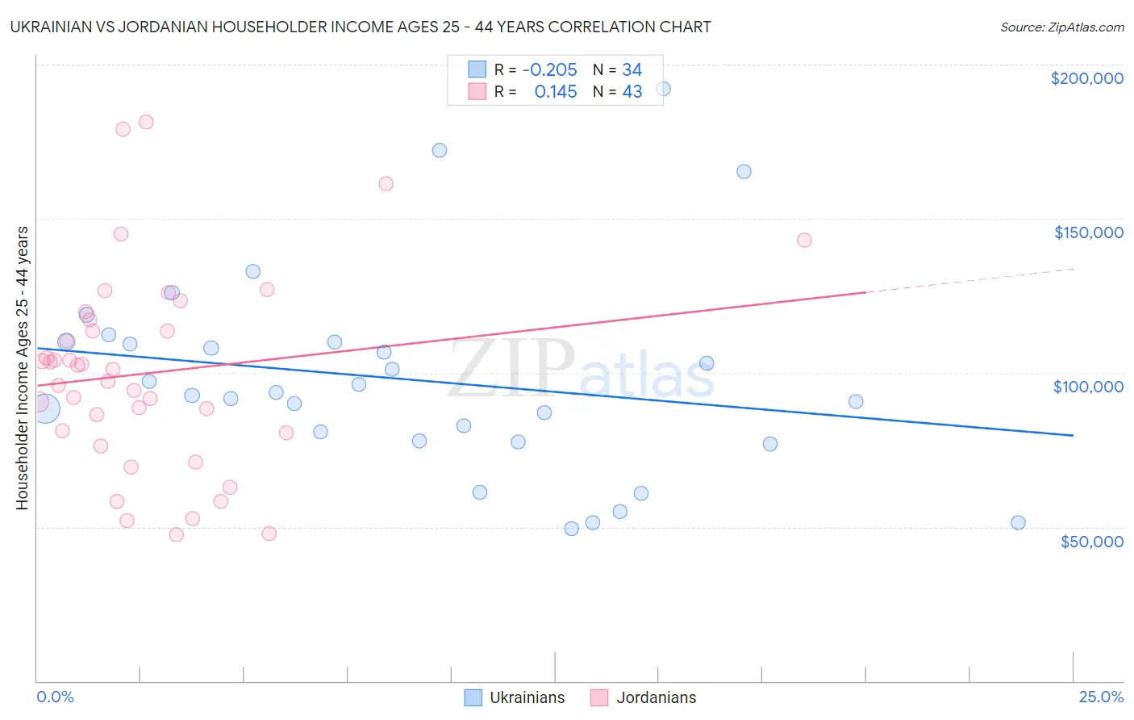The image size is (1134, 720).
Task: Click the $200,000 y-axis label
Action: (1086, 78)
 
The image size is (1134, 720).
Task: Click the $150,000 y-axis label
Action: (1088, 232)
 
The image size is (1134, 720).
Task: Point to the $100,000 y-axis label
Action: (1088, 387)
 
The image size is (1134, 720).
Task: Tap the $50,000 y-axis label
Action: (1091, 542)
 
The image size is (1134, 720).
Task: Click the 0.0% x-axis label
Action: (55, 697)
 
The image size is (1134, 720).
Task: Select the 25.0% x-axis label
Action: (1101, 697)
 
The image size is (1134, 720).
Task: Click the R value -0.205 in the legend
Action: (549, 70)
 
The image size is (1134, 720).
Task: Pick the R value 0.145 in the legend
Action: (555, 92)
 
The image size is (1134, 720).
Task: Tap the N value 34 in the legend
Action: (632, 70)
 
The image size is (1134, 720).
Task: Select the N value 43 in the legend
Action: (632, 92)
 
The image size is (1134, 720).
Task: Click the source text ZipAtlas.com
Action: (1061, 27)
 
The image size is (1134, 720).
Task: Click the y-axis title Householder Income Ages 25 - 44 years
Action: (23, 368)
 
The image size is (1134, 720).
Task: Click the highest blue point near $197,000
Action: (663, 89)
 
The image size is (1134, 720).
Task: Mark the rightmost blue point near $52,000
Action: (1018, 522)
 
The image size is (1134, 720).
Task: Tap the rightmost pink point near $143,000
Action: (804, 240)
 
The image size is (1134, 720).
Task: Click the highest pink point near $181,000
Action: (146, 122)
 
